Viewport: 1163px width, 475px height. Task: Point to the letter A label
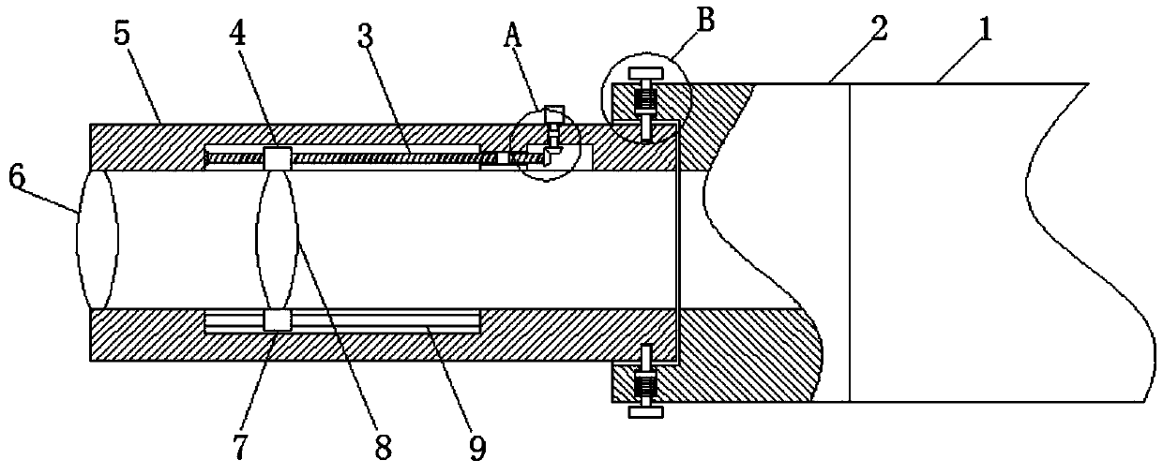(x=511, y=37)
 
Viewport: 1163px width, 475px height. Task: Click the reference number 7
(x=242, y=447)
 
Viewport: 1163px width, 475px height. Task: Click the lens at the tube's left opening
(x=98, y=239)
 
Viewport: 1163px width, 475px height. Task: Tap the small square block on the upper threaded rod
(x=278, y=158)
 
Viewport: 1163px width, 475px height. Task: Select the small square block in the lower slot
(x=278, y=320)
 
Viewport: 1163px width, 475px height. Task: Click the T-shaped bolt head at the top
(x=646, y=74)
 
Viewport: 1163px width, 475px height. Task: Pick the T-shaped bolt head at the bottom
(x=646, y=409)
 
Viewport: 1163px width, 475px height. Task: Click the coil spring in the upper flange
(x=646, y=96)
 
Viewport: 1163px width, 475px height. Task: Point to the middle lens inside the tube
(x=278, y=239)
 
